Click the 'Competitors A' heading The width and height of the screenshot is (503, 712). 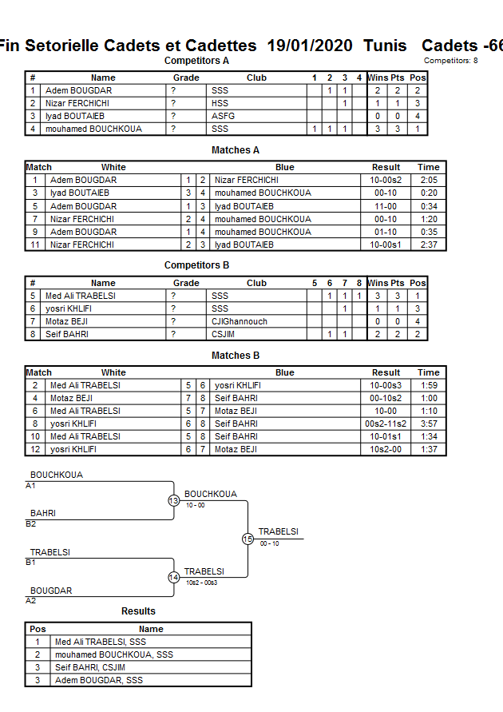[x=196, y=61]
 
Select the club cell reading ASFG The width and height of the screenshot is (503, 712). [x=223, y=116]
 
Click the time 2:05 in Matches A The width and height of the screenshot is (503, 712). [x=429, y=180]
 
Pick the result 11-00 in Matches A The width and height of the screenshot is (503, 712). [x=386, y=206]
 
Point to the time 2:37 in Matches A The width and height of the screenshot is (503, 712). [x=429, y=245]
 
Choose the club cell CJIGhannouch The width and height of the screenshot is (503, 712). [x=239, y=321]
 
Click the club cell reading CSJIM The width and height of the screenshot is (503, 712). [x=224, y=334]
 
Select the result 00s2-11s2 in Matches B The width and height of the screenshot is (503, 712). [x=386, y=424]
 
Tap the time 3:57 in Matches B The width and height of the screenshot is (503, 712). [x=429, y=424]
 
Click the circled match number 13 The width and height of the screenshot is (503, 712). [x=173, y=500]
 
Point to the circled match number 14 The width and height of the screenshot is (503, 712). [x=173, y=578]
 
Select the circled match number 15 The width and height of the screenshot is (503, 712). [x=248, y=539]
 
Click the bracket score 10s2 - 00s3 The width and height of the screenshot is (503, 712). [x=200, y=583]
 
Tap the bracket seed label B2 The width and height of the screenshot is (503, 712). [x=31, y=524]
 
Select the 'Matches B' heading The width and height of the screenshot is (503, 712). [x=236, y=356]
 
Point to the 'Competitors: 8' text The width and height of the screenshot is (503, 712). [x=451, y=61]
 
